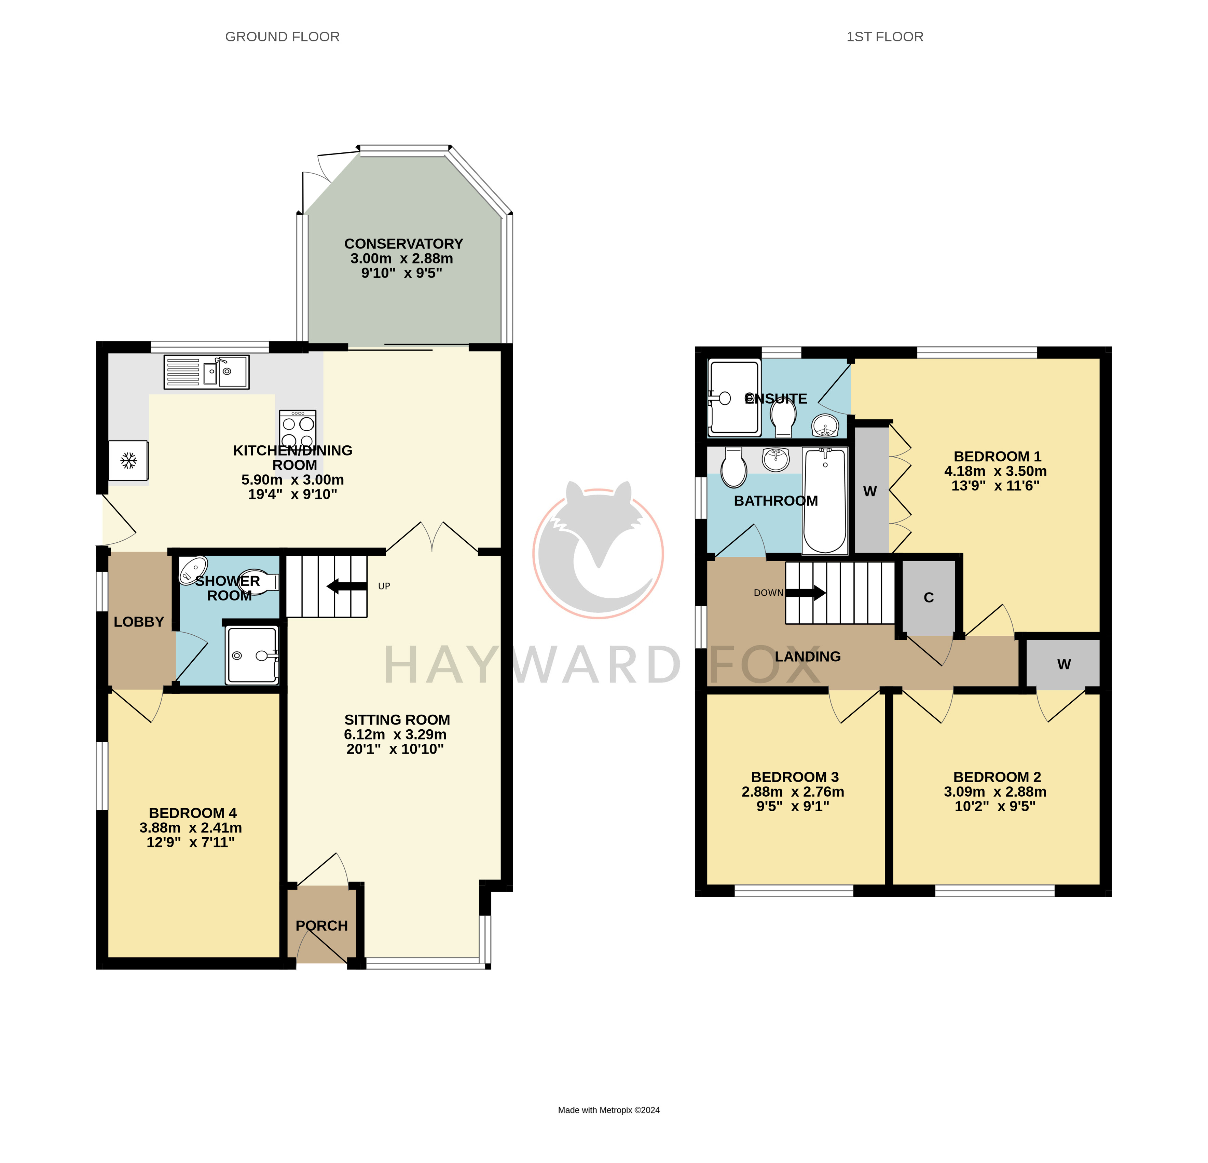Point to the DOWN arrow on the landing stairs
click(806, 593)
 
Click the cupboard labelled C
click(929, 597)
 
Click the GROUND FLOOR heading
click(282, 37)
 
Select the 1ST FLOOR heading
click(885, 37)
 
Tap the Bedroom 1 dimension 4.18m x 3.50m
click(996, 471)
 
